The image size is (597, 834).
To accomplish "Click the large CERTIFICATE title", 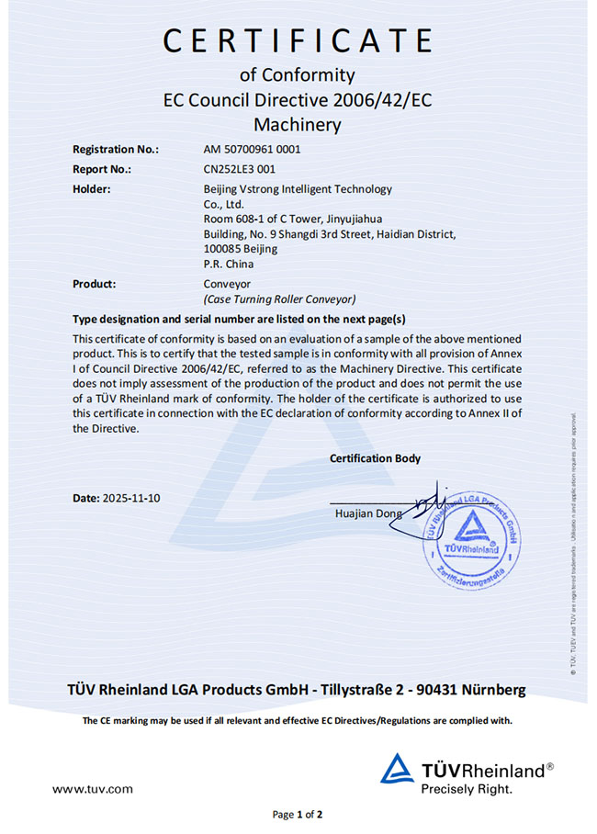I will point(298,41).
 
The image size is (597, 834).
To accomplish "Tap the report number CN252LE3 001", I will point(239,169).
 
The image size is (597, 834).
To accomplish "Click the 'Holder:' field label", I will point(92,189).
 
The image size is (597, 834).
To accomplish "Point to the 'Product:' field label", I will point(94,284).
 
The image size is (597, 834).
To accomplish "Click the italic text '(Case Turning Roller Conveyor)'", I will point(279,299).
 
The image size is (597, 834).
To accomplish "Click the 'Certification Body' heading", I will point(375,458).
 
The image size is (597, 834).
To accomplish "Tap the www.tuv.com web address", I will point(92,789).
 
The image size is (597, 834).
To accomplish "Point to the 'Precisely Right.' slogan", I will point(467,788).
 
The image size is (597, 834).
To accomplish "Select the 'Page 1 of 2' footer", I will point(298,814).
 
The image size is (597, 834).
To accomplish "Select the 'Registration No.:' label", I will point(115,149).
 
